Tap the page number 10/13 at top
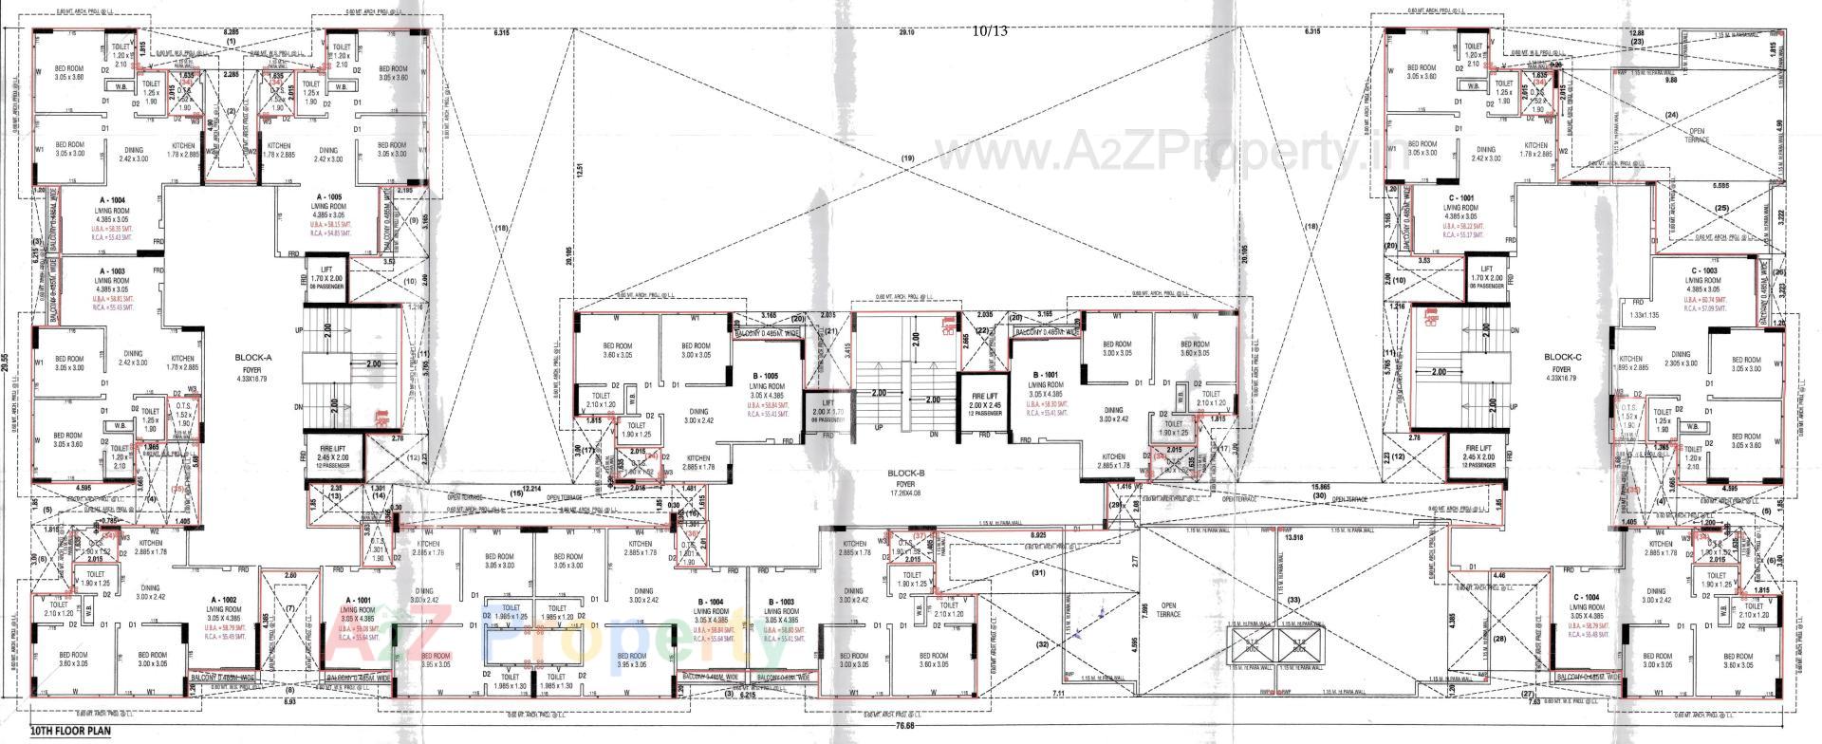990,31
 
